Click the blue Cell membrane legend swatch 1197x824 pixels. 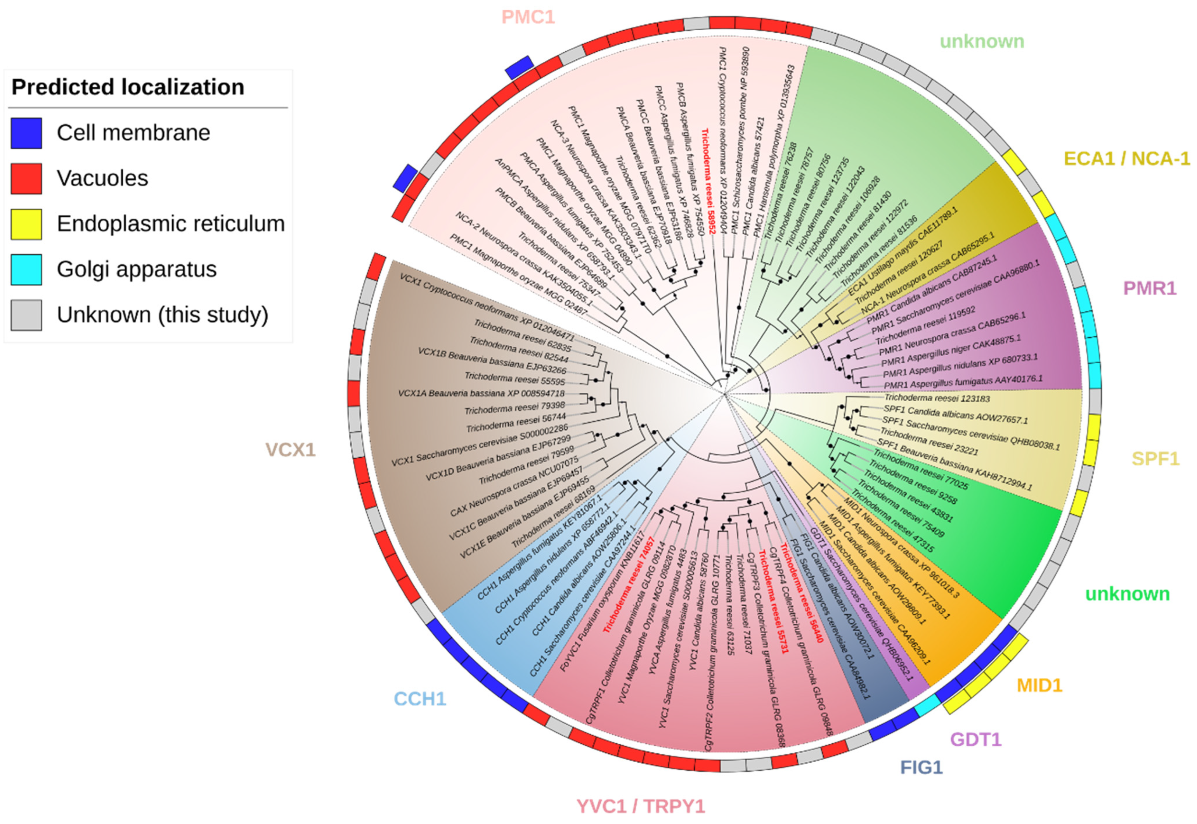click(x=26, y=133)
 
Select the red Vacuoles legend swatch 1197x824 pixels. click(x=26, y=179)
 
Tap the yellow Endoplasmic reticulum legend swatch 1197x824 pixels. click(x=26, y=224)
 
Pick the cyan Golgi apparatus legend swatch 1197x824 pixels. click(x=26, y=269)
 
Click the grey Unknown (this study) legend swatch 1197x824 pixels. click(x=26, y=315)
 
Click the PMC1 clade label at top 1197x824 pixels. click(x=528, y=17)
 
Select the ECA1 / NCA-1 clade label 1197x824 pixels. click(x=1127, y=158)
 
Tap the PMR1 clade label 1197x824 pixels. click(x=1150, y=288)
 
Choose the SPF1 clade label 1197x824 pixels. click(x=1155, y=458)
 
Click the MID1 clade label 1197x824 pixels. click(x=1039, y=686)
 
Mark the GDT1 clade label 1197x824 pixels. click(x=975, y=739)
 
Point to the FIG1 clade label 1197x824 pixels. click(x=922, y=768)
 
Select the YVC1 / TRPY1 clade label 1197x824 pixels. click(x=641, y=806)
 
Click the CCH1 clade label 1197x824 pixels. click(x=420, y=699)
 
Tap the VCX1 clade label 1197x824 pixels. click(x=290, y=450)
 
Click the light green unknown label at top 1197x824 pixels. click(x=982, y=41)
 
